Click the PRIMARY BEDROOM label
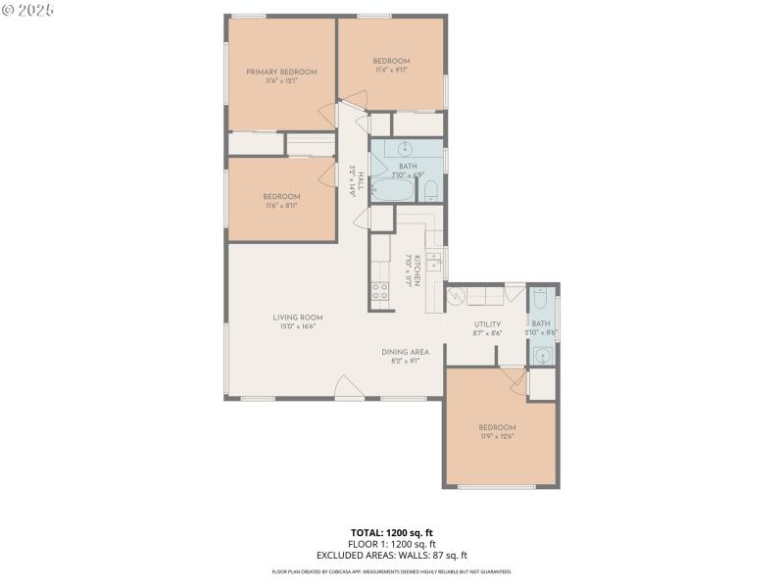coord(281,72)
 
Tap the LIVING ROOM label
coord(298,318)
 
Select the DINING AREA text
coord(406,351)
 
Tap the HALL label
coord(361,181)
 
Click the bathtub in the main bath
coord(394,190)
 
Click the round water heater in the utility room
coord(455,297)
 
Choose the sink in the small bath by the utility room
coord(542,355)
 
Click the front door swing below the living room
coord(347,388)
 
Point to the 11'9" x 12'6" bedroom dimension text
coord(497,437)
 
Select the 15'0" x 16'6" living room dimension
coord(298,327)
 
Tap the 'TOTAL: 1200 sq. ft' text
coord(392,533)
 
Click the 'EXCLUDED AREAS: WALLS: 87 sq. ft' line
coord(392,555)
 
